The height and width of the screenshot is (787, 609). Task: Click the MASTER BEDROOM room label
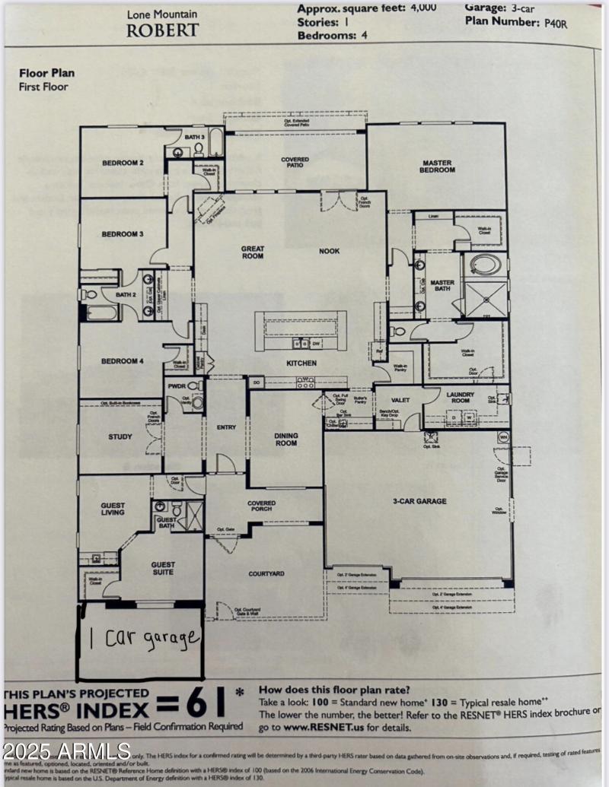coord(437,167)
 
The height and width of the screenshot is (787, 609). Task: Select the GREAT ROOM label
coord(252,252)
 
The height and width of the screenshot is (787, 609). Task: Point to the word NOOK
coord(329,251)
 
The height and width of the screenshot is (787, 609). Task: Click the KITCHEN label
coord(301,363)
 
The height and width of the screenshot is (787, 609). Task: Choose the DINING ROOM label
coord(286,439)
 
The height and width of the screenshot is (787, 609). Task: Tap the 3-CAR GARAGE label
coord(419,501)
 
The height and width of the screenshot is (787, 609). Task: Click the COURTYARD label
coord(266,573)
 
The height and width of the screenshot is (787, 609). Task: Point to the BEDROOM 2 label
coord(123,163)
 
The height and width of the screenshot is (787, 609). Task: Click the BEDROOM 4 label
coord(123,361)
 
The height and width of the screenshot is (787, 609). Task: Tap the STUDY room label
coord(120,436)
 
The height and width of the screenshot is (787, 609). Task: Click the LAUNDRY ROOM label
coord(461,398)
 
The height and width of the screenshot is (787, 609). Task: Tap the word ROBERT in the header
coord(162,30)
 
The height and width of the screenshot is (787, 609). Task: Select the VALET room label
coord(400,399)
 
